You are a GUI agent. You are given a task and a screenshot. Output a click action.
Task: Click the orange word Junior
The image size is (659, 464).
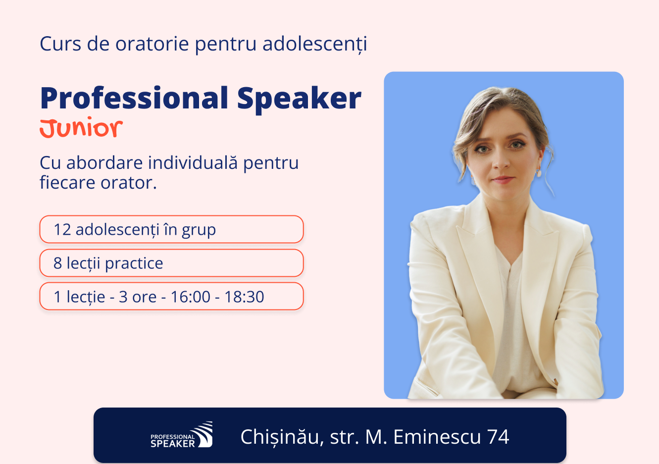pos(81,127)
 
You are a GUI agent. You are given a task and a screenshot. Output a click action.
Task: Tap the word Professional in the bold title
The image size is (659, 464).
pos(134,98)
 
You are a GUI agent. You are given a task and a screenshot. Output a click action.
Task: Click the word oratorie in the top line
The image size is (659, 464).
pos(152,44)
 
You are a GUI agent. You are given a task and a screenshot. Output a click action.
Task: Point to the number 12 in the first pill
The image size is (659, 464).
pos(62,229)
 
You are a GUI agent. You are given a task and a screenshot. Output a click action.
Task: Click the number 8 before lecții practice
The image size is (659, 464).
pos(57,263)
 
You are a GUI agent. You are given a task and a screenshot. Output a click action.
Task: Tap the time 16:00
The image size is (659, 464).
pos(191,297)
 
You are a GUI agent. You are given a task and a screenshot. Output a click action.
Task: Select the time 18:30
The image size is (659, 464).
pos(244,297)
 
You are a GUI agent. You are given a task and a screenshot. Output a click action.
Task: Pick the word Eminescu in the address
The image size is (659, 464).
pos(437,437)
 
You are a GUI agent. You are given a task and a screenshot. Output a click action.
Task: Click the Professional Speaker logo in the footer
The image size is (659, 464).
pos(181,434)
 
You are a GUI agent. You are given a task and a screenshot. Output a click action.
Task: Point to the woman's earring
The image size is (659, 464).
pos(539,172)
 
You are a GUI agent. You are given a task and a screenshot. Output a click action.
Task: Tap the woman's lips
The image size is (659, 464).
pos(503,179)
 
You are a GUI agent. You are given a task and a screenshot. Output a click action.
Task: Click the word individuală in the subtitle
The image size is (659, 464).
pos(193,162)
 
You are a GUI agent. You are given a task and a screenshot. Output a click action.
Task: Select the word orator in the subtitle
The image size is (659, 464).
pos(129,183)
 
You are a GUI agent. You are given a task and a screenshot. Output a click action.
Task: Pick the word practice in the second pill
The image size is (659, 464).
pos(134,263)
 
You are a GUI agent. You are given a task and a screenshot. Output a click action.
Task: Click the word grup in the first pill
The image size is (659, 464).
pos(199,230)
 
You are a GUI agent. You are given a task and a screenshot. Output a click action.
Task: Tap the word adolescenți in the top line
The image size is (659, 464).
pos(315,44)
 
